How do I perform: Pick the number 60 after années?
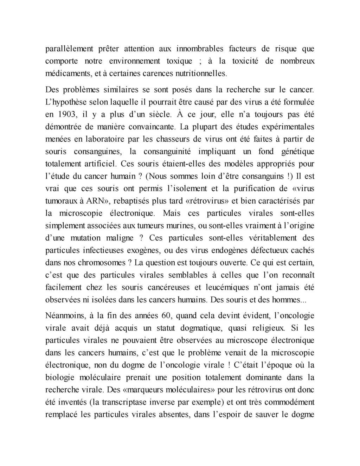pos(165,315)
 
